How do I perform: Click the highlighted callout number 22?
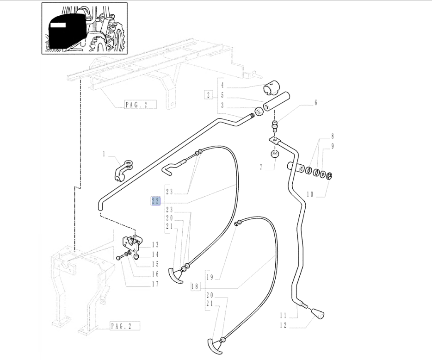click(156, 201)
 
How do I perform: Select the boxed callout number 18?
click(195, 287)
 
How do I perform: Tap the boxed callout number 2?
click(208, 95)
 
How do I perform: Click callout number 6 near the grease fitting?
click(316, 103)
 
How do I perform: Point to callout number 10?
click(310, 194)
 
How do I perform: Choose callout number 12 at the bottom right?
click(283, 325)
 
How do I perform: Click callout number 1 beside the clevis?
click(104, 154)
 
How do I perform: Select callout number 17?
click(155, 284)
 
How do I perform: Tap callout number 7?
click(261, 168)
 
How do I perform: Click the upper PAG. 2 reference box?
click(141, 105)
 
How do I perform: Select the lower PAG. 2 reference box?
click(125, 326)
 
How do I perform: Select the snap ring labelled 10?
click(329, 175)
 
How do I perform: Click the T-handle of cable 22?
click(175, 275)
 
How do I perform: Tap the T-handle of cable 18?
click(215, 346)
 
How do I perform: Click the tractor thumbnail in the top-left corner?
click(85, 28)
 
